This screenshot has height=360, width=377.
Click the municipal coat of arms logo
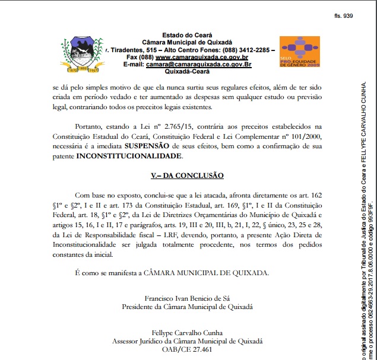pos(82,55)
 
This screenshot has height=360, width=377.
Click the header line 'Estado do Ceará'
pos(188,36)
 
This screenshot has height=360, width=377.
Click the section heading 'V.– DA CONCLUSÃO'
pos(187,176)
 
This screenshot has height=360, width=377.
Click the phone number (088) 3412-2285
pos(245,50)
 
